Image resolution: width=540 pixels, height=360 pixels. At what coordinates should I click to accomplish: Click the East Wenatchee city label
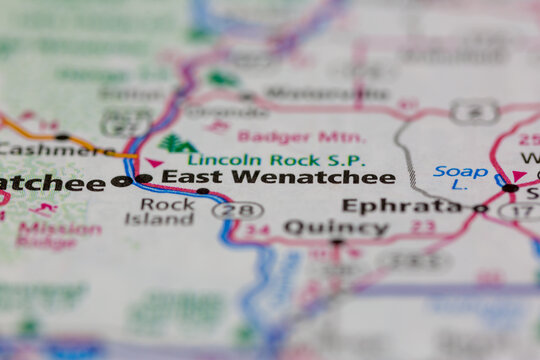(278, 177)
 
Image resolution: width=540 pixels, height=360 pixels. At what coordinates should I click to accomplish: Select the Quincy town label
(335, 228)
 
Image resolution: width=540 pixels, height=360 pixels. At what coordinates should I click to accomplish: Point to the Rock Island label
(167, 211)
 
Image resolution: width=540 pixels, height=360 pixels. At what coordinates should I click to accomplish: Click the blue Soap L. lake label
(461, 178)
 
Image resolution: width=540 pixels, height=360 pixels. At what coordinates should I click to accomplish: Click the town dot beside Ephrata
(480, 209)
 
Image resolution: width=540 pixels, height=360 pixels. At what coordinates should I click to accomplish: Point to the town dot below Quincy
(337, 243)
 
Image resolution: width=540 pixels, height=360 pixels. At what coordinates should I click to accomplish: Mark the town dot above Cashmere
(62, 136)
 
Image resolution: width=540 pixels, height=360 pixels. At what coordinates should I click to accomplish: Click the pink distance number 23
(425, 227)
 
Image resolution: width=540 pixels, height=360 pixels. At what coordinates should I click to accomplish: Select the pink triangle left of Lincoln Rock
(154, 162)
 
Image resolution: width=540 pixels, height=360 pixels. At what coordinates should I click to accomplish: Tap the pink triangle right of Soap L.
(519, 175)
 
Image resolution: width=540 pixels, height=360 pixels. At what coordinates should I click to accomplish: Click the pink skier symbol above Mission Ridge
(43, 210)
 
